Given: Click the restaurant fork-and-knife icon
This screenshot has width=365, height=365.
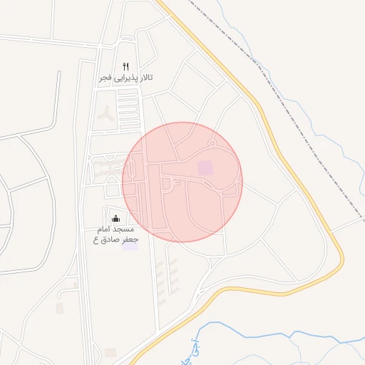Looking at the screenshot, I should (x=125, y=66).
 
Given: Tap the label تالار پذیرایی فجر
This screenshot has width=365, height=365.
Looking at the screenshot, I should (x=126, y=77).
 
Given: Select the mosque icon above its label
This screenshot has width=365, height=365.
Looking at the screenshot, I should (x=116, y=218).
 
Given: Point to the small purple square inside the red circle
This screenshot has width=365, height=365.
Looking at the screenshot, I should (x=205, y=168).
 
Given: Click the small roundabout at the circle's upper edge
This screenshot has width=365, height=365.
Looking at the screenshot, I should (x=211, y=144).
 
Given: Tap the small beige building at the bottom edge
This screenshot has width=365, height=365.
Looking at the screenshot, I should (x=110, y=352).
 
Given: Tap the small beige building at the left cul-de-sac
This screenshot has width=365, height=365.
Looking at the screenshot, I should (x=60, y=307).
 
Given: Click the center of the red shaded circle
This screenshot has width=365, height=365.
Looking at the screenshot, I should (x=182, y=182).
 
